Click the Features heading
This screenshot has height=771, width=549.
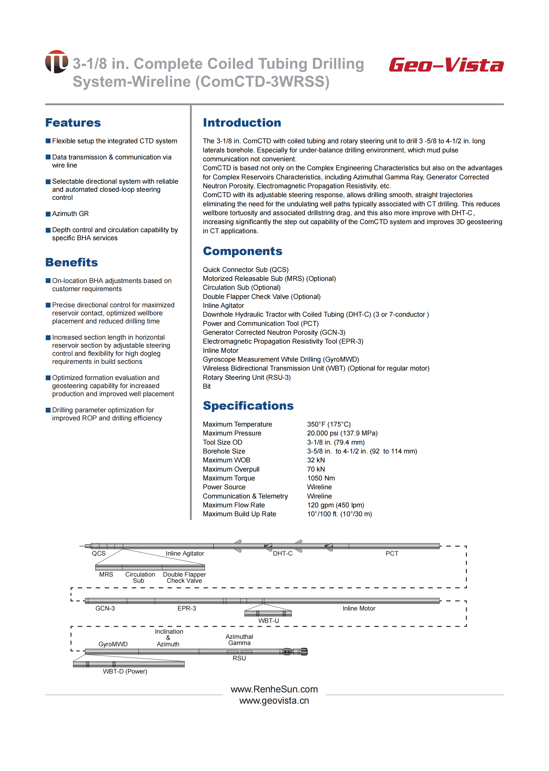coord(73,123)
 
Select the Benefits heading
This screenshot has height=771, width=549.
coord(72,262)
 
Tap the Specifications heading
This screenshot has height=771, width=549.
coord(248,406)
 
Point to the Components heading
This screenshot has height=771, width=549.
coord(242,251)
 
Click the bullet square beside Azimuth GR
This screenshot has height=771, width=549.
coord(48,214)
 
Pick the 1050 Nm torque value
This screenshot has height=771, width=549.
coord(321,478)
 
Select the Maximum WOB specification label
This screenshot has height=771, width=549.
coord(226,460)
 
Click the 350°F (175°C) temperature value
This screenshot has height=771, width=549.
coord(329,424)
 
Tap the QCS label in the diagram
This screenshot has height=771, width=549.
coord(99,553)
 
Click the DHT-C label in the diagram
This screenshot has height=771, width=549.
coord(283,553)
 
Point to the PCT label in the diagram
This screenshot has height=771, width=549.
coord(392,553)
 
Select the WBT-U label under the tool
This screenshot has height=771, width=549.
coord(269,621)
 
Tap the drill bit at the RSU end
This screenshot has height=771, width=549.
coord(304,651)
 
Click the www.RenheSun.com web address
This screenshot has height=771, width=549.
coord(274,689)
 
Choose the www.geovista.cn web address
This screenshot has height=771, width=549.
coord(274,701)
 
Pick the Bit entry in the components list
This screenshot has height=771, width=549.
coord(207,386)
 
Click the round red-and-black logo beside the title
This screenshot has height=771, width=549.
coord(56,62)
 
